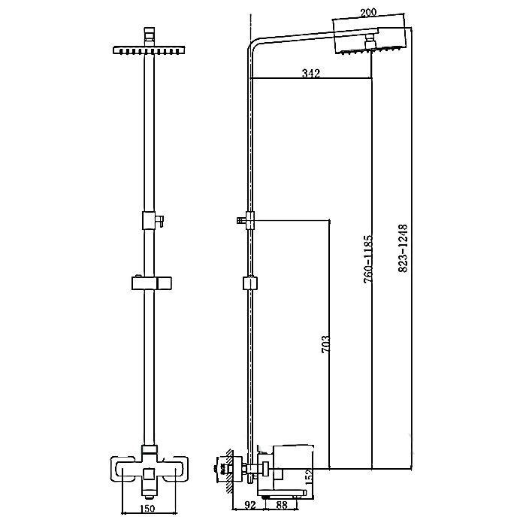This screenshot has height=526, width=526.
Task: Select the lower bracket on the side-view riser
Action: [249, 284]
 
